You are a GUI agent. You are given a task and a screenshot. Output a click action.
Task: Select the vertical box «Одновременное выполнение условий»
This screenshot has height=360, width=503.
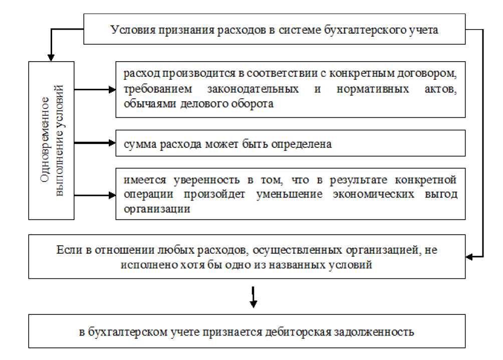pos(52,140)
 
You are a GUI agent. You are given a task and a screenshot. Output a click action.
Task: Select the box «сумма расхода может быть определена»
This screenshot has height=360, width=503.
pos(291,144)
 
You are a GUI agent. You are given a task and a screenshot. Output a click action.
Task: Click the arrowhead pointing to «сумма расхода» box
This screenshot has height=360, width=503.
pos(112,143)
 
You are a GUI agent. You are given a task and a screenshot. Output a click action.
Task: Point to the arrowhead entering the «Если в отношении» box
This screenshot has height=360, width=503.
pos(469,257)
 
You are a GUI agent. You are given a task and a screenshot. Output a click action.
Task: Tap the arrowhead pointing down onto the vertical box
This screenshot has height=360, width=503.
pos(50,57)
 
